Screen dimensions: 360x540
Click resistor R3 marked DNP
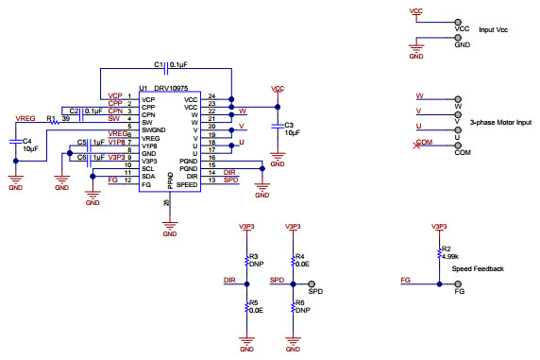coord(247,260)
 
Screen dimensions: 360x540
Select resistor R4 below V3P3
coord(293,260)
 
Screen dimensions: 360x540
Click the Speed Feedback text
coord(478,269)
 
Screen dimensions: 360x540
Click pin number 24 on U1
coord(211,97)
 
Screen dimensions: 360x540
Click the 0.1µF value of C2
coord(93,111)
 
